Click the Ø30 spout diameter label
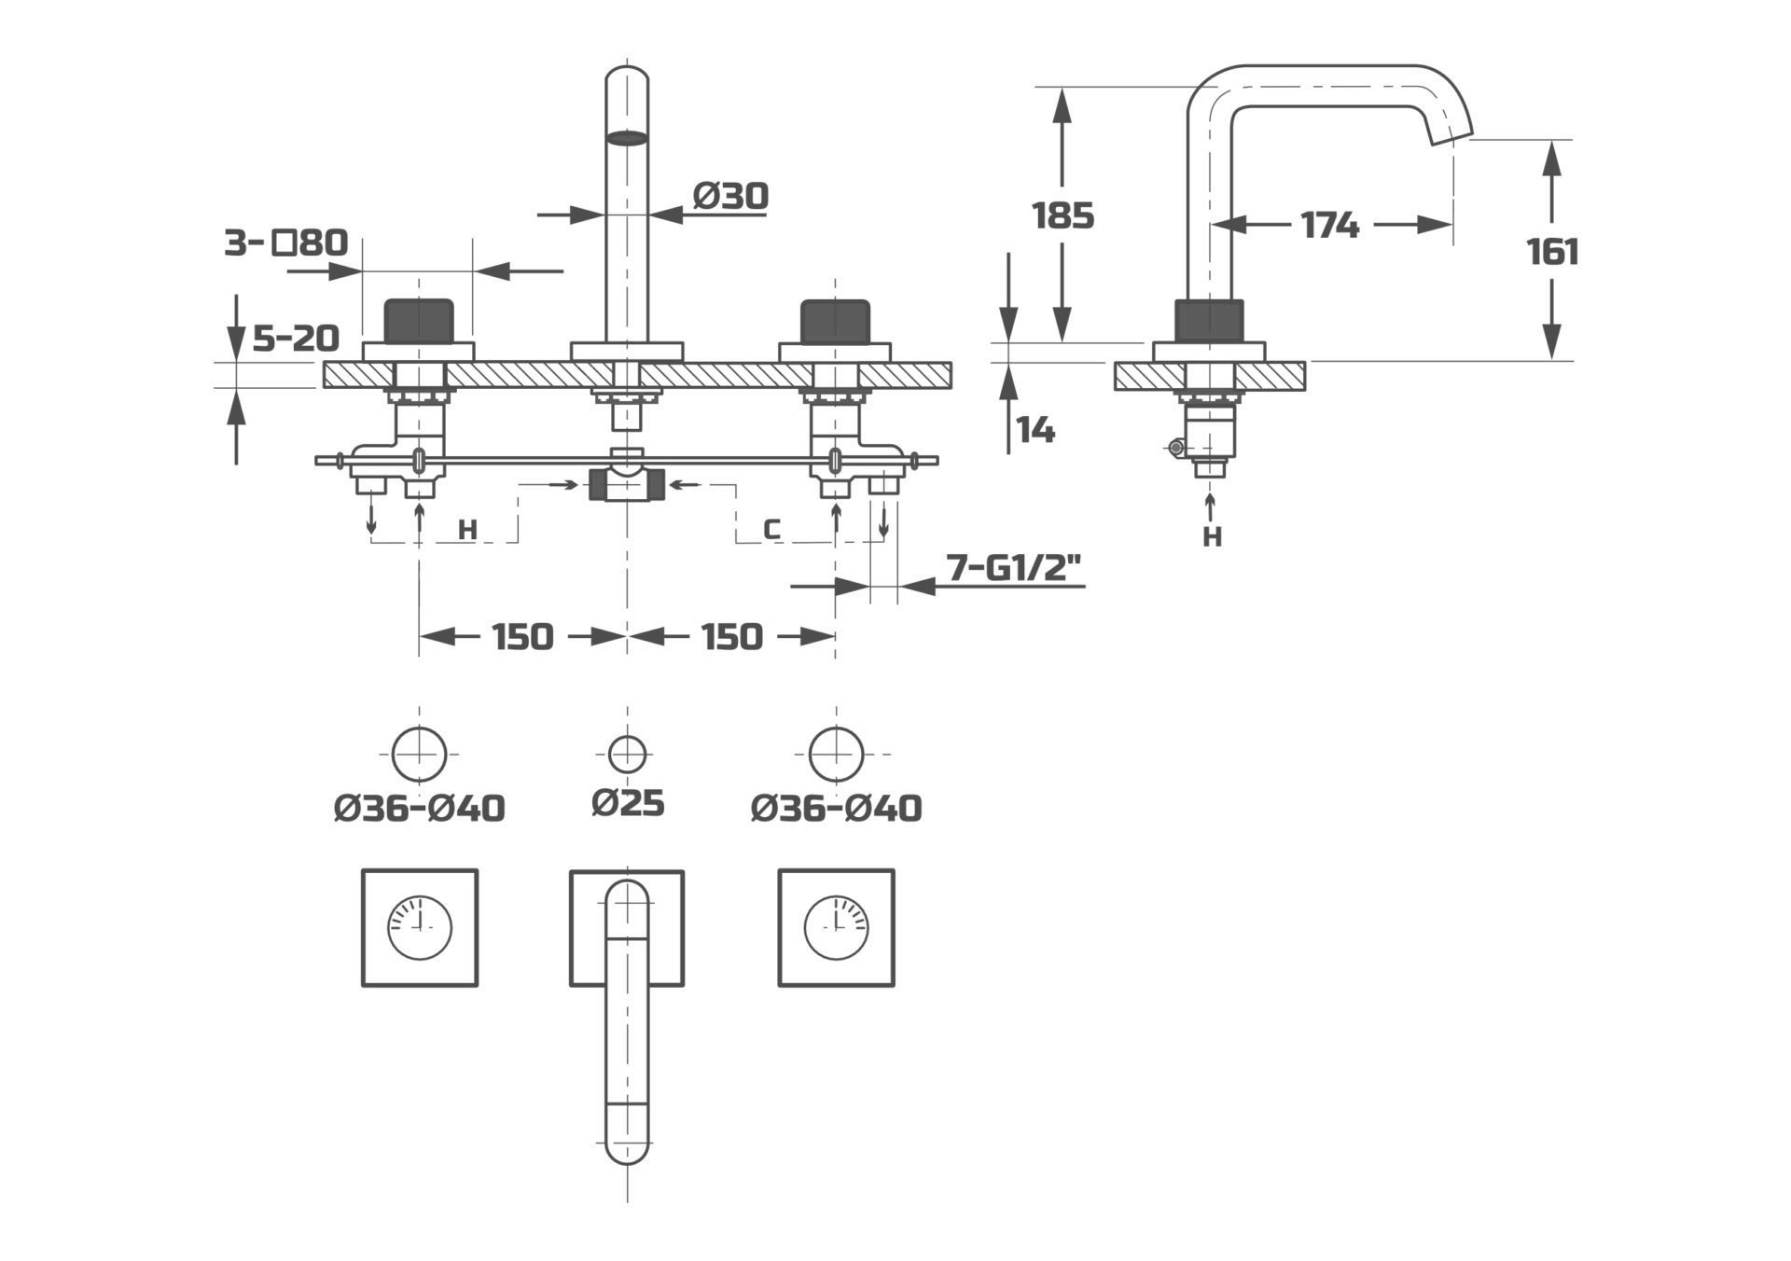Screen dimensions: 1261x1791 point(730,196)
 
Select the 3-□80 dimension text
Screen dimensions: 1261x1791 point(285,243)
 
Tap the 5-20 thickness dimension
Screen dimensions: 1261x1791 point(296,338)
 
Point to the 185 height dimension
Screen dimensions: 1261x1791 point(1062,215)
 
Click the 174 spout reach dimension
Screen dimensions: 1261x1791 point(1330,225)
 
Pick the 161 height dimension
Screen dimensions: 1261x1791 point(1552,252)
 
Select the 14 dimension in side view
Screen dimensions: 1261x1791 point(1035,430)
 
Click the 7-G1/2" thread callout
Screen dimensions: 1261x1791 point(1014,567)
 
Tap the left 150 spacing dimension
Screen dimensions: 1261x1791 point(522,637)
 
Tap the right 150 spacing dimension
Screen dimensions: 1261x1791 point(731,637)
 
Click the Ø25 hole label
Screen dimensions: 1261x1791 point(628,802)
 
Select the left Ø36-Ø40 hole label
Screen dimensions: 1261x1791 point(420,808)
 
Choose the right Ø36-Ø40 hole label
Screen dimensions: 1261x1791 point(836,808)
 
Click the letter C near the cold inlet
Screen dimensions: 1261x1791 point(771,530)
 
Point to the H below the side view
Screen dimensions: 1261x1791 point(1212,537)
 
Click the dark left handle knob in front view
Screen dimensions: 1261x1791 point(419,320)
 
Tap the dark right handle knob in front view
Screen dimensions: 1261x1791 point(835,320)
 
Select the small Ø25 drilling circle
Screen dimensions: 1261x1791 point(627,753)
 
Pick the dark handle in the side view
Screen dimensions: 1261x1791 point(1209,321)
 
